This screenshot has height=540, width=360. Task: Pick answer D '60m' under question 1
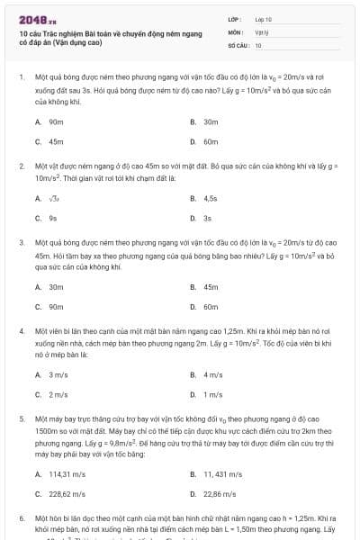coord(211,141)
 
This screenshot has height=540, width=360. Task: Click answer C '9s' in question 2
coord(53,218)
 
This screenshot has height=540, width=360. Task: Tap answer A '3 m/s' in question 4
coord(58,373)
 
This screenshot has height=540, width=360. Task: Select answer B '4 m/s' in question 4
coord(213,373)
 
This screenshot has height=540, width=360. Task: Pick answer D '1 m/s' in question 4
coord(213,394)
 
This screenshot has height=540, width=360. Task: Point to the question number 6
coord(21,519)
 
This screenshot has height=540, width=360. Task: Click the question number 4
coord(21,330)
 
